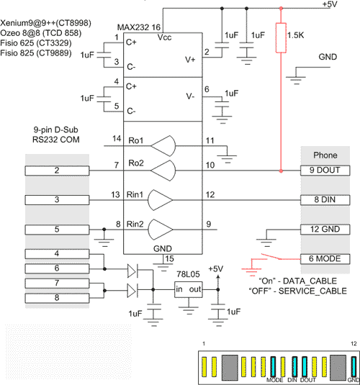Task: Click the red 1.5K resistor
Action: [x=281, y=38]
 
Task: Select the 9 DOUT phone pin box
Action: [x=325, y=171]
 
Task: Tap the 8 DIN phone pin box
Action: [x=325, y=200]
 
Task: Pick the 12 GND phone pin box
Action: [x=325, y=230]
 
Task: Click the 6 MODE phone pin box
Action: [x=325, y=259]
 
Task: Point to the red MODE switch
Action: [x=281, y=257]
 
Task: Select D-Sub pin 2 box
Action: [x=57, y=171]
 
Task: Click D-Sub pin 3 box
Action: [x=57, y=200]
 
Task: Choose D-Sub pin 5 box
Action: [x=57, y=230]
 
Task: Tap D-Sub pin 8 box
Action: [x=57, y=298]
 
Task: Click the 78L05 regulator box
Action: [x=189, y=290]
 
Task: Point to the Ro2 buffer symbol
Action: [x=163, y=171]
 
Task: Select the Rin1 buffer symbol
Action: [x=160, y=200]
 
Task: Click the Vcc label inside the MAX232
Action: [x=164, y=37]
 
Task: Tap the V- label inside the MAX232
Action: [x=190, y=96]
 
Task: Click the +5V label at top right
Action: [x=330, y=4]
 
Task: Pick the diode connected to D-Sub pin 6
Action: [x=132, y=271]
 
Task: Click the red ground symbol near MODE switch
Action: [x=251, y=269]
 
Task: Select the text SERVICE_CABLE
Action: [x=312, y=291]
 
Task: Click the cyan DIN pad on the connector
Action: [x=294, y=366]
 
